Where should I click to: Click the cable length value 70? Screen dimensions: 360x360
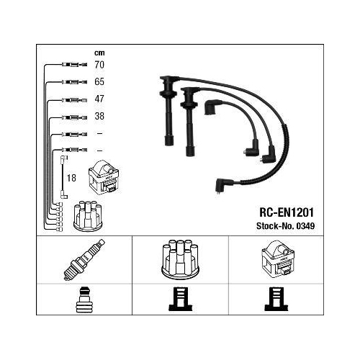pyautogui.click(x=99, y=65)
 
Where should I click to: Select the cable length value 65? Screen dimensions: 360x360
pyautogui.click(x=99, y=82)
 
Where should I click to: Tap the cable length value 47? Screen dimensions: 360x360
pyautogui.click(x=99, y=99)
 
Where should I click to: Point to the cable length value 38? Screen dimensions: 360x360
pyautogui.click(x=99, y=116)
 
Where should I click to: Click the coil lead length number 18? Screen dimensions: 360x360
pyautogui.click(x=71, y=178)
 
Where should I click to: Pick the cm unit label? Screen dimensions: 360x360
pyautogui.click(x=99, y=53)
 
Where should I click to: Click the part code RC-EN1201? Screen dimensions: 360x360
pyautogui.click(x=287, y=212)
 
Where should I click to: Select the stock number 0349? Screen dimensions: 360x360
pyautogui.click(x=305, y=226)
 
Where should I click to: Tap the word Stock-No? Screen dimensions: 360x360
pyautogui.click(x=276, y=226)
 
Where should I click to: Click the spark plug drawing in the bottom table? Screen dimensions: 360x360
pyautogui.click(x=84, y=260)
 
